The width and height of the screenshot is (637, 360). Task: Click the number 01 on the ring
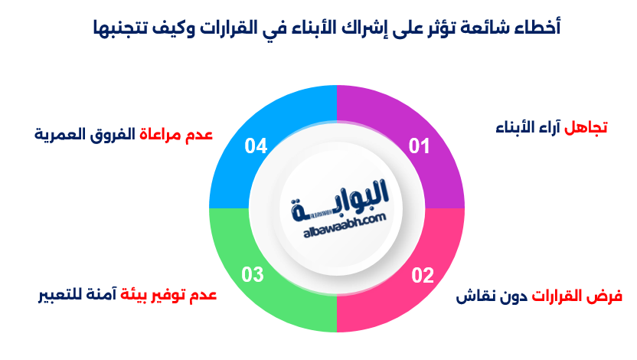click(419, 146)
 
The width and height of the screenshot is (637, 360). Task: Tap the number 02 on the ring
click(422, 275)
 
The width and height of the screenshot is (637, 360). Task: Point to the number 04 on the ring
click(256, 146)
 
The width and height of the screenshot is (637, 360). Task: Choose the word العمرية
click(60, 135)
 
